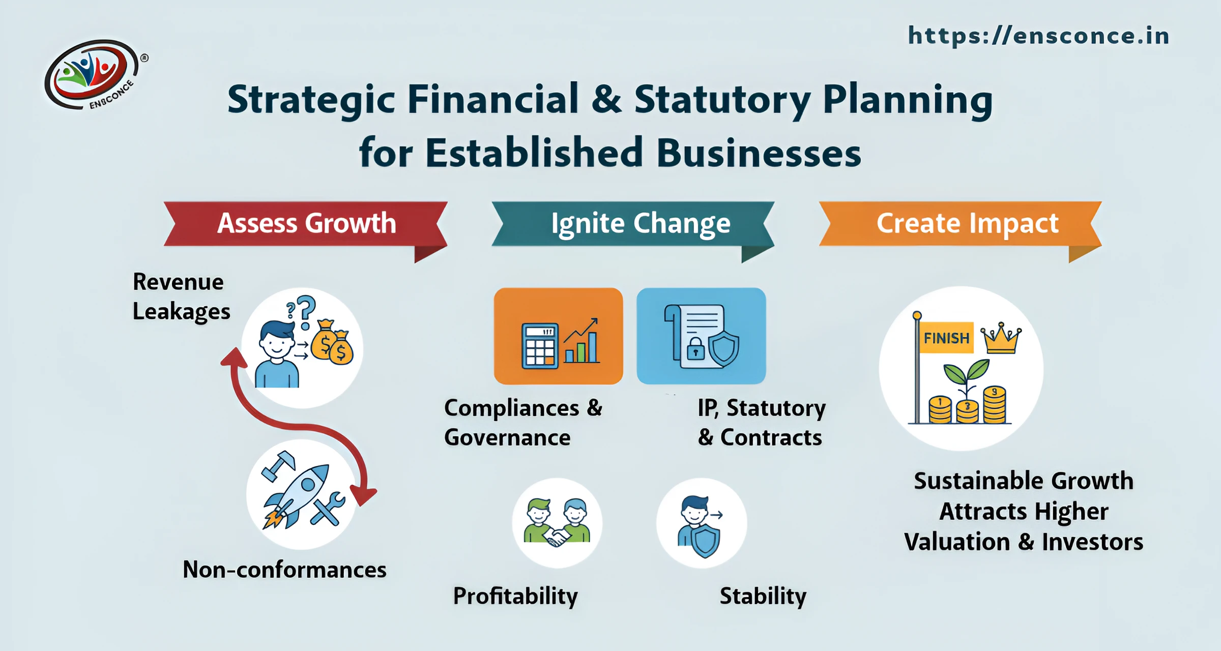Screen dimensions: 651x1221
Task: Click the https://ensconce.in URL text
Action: [x=1038, y=36]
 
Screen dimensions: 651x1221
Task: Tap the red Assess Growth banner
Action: [x=306, y=224]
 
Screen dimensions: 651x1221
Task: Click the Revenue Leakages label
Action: [x=181, y=297]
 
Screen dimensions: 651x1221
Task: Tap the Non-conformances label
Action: [x=284, y=570]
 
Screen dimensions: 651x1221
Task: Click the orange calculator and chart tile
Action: [x=558, y=336]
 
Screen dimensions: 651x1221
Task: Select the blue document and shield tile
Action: [x=701, y=336]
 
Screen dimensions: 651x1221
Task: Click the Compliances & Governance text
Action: [x=522, y=423]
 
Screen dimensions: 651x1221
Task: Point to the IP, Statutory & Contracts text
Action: [x=761, y=423]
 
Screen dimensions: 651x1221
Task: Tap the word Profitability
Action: [x=515, y=596]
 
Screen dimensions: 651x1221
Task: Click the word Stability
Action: [x=763, y=596]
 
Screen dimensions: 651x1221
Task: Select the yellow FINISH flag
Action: [x=946, y=338]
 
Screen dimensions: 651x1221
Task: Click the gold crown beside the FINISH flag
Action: [x=1001, y=339]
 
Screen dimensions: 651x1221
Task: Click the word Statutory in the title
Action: [x=722, y=100]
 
